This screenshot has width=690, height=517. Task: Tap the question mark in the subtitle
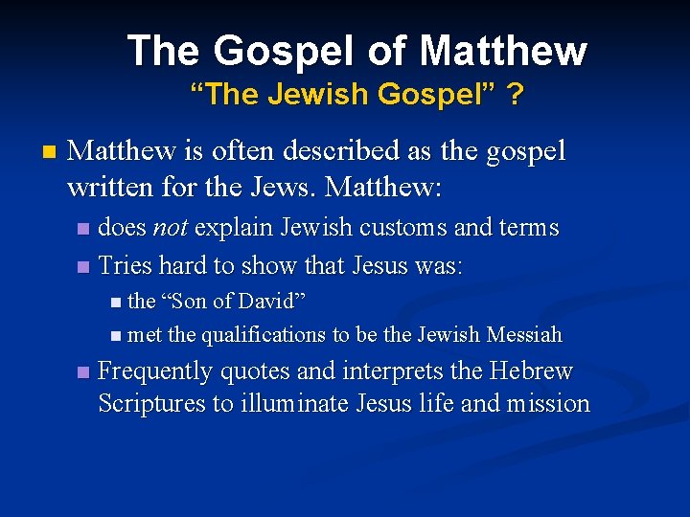point(515,95)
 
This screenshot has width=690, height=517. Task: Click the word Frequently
point(157,371)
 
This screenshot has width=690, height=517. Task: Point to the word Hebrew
point(530,371)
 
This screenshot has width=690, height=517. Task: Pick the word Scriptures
point(151,403)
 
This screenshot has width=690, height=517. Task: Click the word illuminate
point(293,403)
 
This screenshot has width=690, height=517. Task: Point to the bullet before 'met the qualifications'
point(116,336)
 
